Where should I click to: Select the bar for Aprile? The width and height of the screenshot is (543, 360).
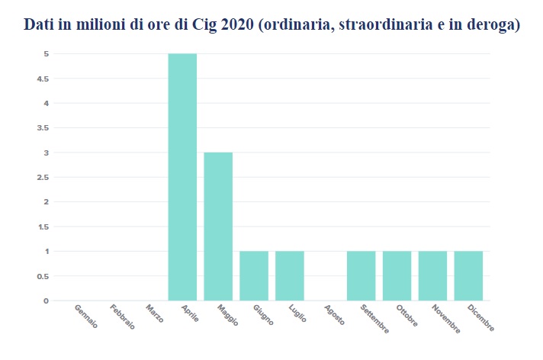182,177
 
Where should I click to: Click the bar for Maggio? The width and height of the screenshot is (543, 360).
218,227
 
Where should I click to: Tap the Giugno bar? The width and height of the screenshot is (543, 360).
254,275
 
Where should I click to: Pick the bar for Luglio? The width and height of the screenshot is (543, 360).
290,275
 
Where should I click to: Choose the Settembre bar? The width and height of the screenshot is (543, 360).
361,275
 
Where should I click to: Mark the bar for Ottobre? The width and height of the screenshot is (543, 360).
397,275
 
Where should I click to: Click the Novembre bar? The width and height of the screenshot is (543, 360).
432,275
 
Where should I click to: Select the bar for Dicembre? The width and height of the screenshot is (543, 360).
468,275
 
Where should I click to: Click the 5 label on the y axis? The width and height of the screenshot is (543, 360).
46,54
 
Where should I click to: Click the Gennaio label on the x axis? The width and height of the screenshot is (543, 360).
86,317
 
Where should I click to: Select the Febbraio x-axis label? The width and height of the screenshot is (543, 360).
122,317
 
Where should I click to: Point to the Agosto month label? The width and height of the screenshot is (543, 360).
334,316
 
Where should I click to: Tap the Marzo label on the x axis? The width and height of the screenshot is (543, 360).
155,314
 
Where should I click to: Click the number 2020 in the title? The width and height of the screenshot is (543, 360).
238,25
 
